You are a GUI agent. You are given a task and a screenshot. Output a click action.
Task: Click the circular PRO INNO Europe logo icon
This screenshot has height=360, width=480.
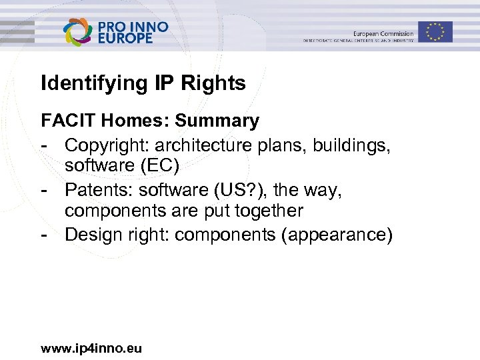pyautogui.click(x=79, y=32)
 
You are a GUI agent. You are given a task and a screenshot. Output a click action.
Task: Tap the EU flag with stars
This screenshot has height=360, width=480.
pyautogui.click(x=435, y=31)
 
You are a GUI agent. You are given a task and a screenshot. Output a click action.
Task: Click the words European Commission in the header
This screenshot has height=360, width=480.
pyautogui.click(x=383, y=33)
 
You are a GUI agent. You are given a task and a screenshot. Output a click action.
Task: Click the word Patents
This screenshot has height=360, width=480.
pyautogui.click(x=95, y=190)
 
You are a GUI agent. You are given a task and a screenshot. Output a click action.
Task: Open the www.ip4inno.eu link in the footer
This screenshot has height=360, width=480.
pyautogui.click(x=91, y=348)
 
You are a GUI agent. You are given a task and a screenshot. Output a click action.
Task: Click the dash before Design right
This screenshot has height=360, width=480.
pyautogui.click(x=44, y=235)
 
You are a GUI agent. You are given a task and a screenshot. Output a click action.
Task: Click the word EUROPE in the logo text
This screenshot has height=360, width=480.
pyautogui.click(x=125, y=39)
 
